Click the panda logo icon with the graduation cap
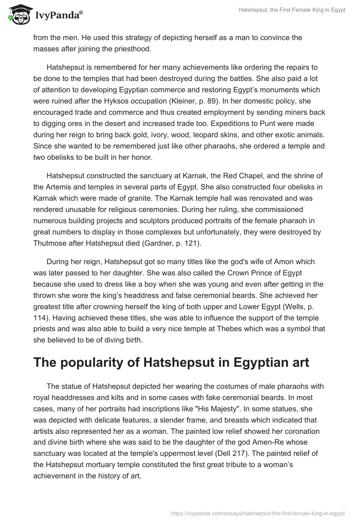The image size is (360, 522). pos(18,15)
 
